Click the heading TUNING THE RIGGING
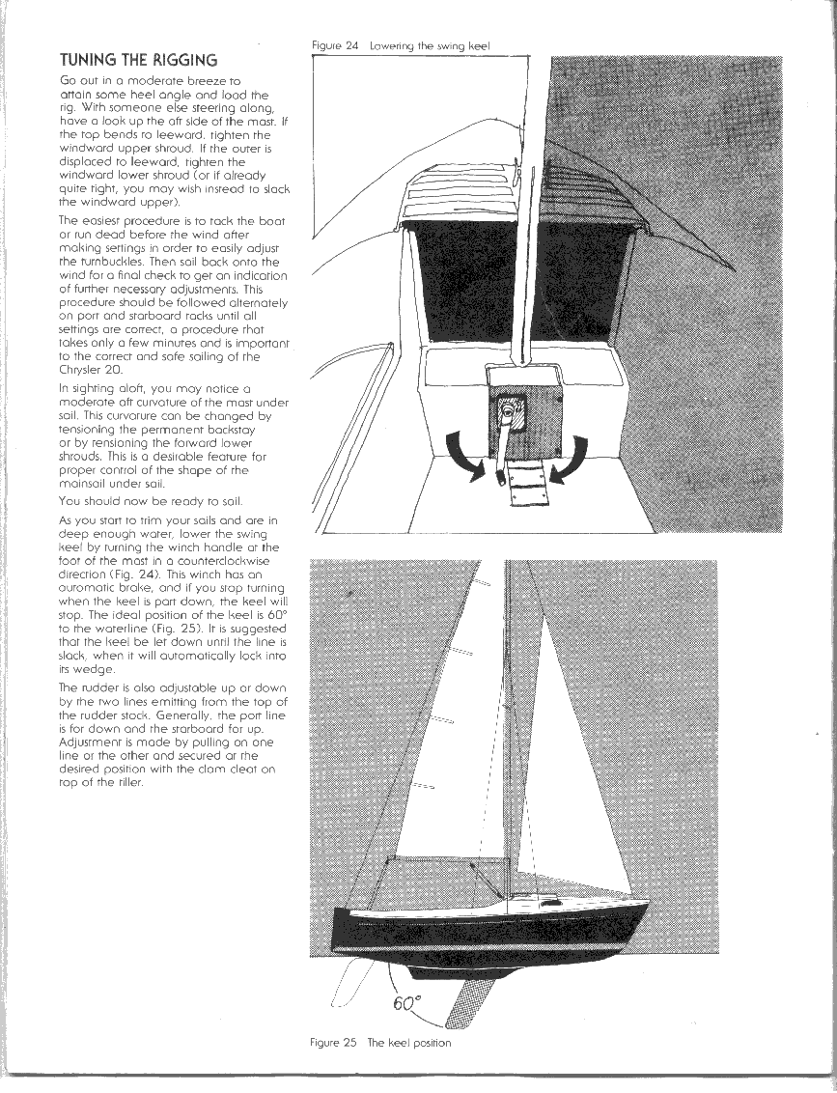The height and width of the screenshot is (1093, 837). pyautogui.click(x=138, y=60)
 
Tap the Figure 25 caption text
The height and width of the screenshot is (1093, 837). pyautogui.click(x=380, y=1042)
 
